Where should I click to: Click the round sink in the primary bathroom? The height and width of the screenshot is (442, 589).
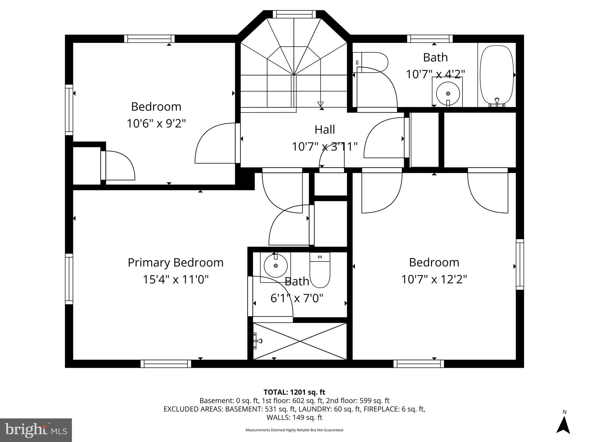(276, 266)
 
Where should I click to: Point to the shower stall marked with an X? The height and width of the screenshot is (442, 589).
(300, 341)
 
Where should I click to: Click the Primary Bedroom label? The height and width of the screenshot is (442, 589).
(175, 263)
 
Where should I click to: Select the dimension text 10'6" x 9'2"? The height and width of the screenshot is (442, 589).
(156, 124)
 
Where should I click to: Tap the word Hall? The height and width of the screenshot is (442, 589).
(325, 129)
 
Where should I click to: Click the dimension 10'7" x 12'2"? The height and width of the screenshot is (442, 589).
(434, 279)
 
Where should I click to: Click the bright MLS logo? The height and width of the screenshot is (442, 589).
(36, 430)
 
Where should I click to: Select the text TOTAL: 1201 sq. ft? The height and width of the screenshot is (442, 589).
(294, 392)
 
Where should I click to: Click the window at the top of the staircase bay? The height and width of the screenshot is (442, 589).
(294, 14)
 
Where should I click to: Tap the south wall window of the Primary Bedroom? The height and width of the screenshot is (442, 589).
(166, 364)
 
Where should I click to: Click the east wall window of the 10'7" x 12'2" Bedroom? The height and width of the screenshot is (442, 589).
(520, 264)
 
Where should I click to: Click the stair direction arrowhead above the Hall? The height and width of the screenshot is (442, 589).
(320, 104)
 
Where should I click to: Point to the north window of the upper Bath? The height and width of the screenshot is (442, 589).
(430, 39)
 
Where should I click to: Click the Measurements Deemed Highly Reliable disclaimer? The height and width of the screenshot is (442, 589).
(294, 430)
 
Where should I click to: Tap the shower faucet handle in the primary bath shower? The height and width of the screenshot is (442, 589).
(258, 341)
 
